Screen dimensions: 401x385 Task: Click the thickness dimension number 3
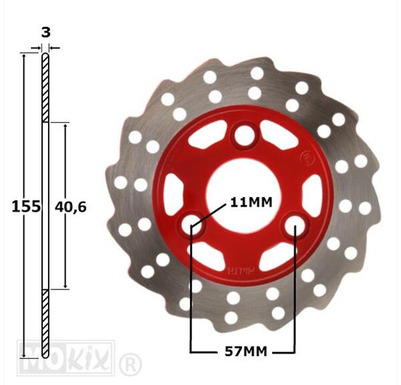click(x=45, y=33)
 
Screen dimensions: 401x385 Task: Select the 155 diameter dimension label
click(x=26, y=207)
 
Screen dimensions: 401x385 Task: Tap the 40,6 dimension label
click(x=71, y=207)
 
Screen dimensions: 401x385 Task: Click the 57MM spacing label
click(x=246, y=352)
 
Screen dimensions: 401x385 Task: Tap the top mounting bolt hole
click(x=245, y=136)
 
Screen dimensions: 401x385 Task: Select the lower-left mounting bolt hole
click(x=192, y=225)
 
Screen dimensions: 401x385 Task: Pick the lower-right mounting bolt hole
click(x=295, y=224)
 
